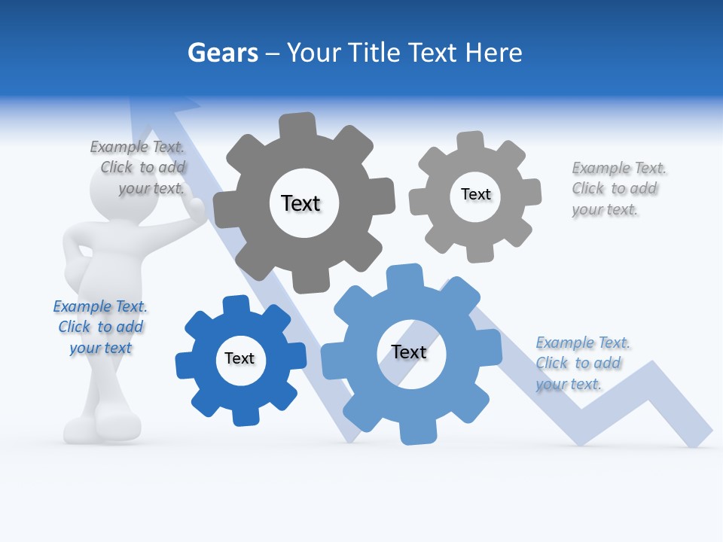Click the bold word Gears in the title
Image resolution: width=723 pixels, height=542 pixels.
(x=222, y=53)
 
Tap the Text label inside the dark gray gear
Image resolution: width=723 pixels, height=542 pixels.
(x=300, y=203)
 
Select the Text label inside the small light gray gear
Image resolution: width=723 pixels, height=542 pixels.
(x=476, y=194)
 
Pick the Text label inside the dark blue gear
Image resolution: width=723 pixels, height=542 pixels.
(x=239, y=358)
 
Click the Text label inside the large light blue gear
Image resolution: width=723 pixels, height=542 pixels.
(x=409, y=352)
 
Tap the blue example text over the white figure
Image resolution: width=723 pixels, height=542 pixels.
(x=100, y=327)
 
